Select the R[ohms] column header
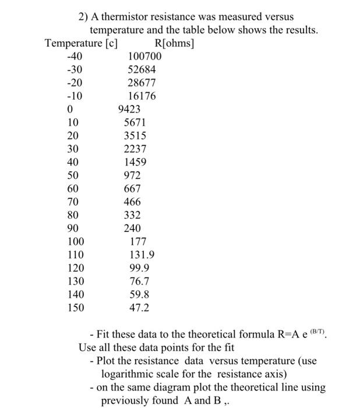(175, 43)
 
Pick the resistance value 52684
(142, 70)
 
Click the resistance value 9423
(129, 109)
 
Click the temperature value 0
(70, 109)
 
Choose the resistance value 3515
(135, 135)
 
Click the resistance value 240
(132, 228)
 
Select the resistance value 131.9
(142, 255)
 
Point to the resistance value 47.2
(139, 307)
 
